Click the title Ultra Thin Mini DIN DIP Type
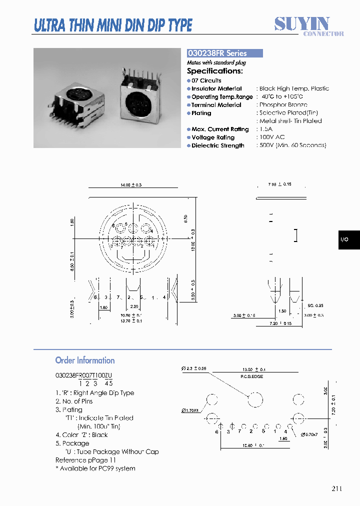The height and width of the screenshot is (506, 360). [x=113, y=25]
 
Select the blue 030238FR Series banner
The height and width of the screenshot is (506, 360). [x=224, y=53]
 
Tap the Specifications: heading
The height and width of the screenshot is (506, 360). [x=214, y=71]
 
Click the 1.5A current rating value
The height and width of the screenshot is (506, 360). [x=266, y=129]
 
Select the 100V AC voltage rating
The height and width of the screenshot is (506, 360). [x=273, y=137]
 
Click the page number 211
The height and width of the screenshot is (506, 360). [x=336, y=488]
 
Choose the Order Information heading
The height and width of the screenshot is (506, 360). [x=85, y=360]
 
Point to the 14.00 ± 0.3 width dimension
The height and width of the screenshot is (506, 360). [x=131, y=185]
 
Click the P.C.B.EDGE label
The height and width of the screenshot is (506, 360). [x=251, y=376]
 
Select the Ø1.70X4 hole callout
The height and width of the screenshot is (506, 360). [x=191, y=410]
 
